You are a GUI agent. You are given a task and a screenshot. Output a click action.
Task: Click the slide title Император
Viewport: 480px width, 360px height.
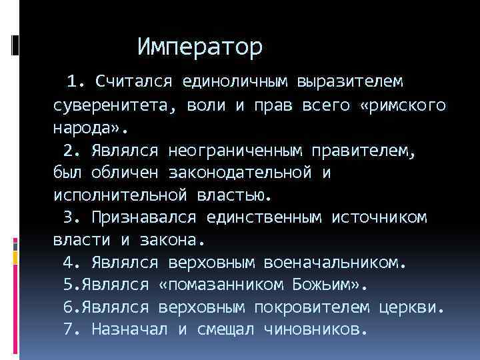[x=200, y=47]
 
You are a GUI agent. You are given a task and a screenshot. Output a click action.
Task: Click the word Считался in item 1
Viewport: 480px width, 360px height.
[x=134, y=82]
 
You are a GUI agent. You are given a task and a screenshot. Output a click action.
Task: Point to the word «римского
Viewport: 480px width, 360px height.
[x=406, y=105]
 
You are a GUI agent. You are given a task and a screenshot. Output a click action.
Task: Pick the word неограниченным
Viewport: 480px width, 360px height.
[x=249, y=151]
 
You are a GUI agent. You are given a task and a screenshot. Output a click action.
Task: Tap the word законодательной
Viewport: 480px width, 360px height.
[x=236, y=173]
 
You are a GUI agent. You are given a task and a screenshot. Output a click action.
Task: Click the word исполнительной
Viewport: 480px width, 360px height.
[x=120, y=195]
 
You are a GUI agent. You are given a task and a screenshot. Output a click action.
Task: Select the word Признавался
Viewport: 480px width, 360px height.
[x=143, y=218]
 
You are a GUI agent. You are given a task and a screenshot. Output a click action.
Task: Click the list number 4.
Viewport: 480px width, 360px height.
[x=69, y=263]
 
